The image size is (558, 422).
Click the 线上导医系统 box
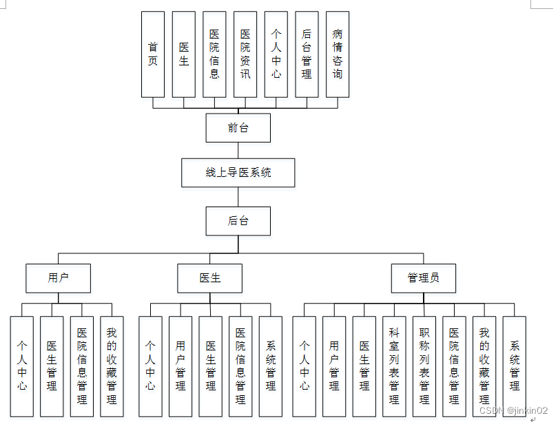[238, 173]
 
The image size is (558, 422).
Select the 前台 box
[238, 128]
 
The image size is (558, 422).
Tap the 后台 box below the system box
[238, 221]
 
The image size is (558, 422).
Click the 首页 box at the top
[153, 54]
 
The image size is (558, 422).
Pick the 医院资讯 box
[245, 54]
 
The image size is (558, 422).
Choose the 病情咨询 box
[337, 54]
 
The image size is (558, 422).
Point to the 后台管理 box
[307, 54]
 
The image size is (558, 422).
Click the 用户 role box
[59, 278]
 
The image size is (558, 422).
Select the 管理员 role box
[423, 278]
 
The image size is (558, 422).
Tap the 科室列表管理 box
[394, 366]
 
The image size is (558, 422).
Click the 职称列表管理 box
[424, 366]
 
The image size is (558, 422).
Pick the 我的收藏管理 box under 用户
[112, 366]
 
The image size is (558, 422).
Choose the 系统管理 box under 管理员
[515, 366]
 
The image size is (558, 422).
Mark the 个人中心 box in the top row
[276, 54]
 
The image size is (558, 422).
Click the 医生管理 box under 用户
[52, 366]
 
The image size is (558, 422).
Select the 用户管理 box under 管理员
[334, 366]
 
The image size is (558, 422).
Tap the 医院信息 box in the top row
[214, 54]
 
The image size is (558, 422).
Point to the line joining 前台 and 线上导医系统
[238, 150]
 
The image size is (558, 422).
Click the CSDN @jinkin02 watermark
[513, 410]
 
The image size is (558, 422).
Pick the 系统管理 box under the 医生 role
[271, 366]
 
